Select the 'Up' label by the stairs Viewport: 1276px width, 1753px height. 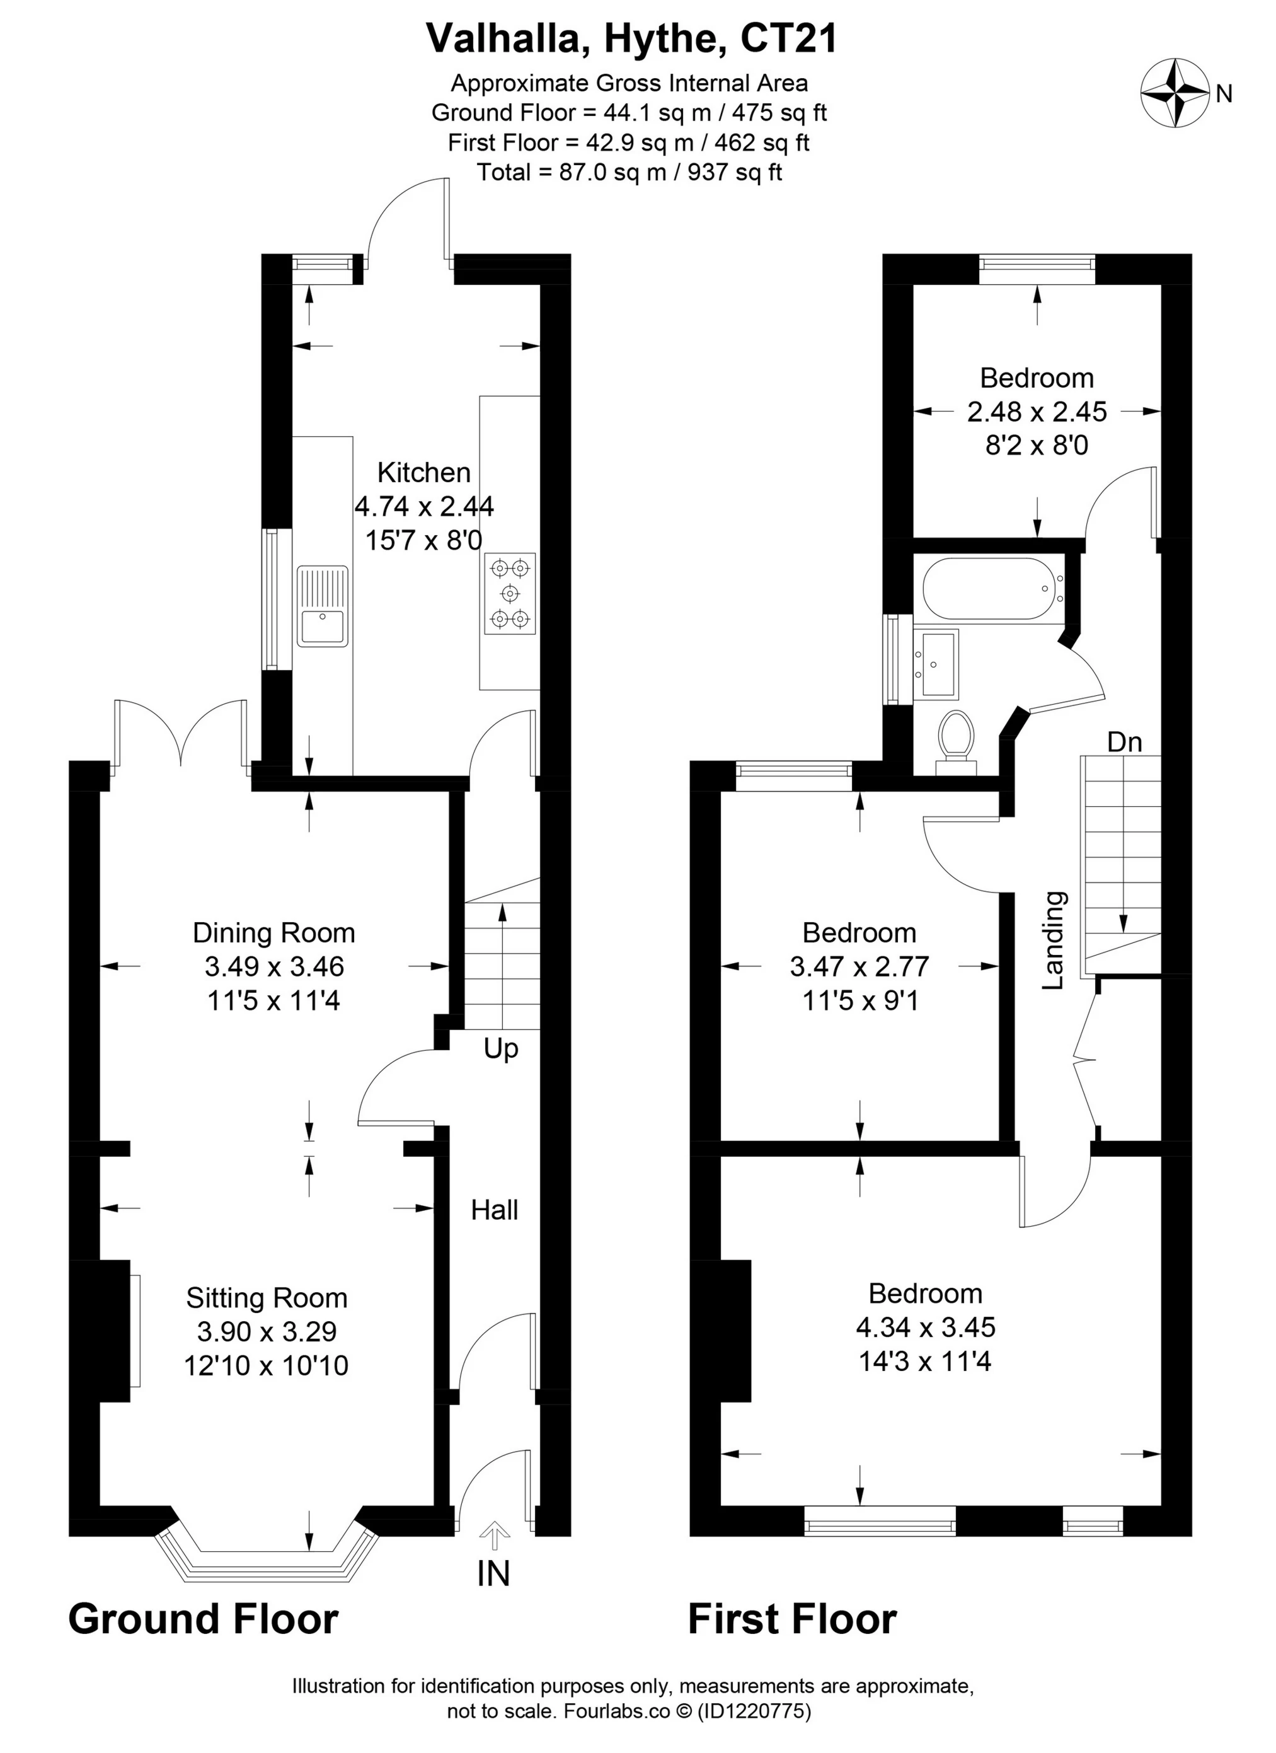pyautogui.click(x=501, y=1049)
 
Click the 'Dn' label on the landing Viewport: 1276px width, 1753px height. pyautogui.click(x=1125, y=742)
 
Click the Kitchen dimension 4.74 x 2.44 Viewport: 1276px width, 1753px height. pyautogui.click(x=423, y=506)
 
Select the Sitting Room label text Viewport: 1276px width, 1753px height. pyautogui.click(x=267, y=1298)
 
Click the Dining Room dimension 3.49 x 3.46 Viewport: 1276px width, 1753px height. pyautogui.click(x=273, y=966)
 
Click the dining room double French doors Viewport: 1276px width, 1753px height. pyautogui.click(x=181, y=734)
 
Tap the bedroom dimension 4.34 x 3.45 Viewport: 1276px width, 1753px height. pyautogui.click(x=925, y=1327)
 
